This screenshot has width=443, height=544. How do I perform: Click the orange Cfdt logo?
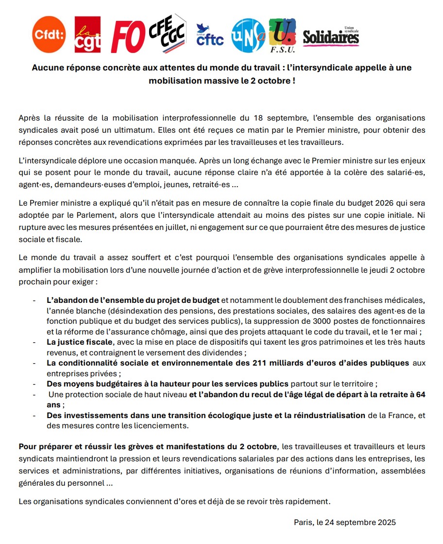49,34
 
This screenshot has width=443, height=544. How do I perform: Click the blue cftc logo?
210,35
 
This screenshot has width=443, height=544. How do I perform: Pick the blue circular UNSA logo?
248,35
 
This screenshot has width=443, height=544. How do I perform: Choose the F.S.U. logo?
281,35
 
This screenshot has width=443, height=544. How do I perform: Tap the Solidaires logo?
331,36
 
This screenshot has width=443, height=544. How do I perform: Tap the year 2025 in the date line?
387,523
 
